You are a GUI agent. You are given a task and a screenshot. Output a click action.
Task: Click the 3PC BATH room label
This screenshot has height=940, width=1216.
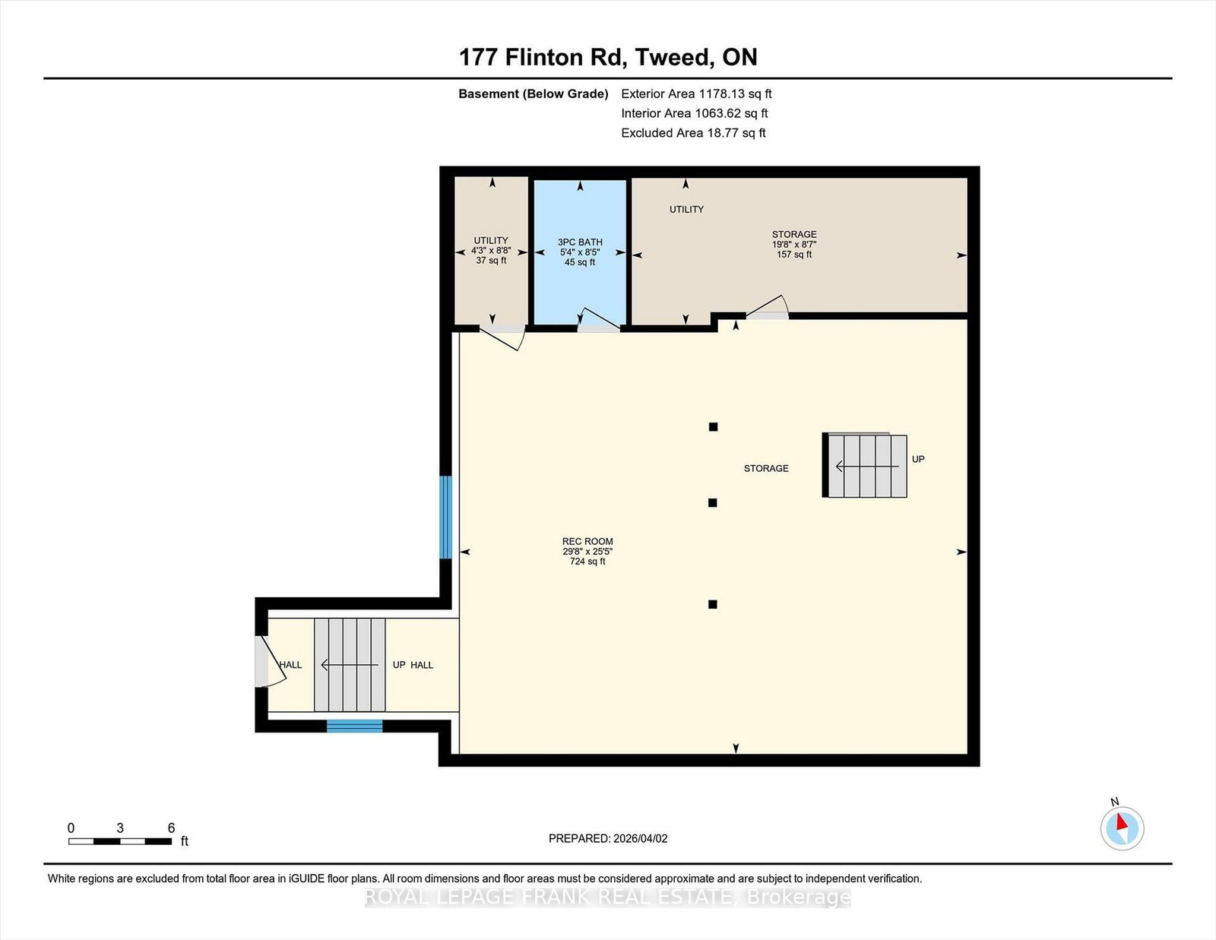point(580,242)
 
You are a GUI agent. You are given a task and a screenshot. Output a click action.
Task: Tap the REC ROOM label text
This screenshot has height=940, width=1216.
point(587,541)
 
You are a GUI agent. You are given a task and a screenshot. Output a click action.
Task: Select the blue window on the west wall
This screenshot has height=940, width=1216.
point(445,517)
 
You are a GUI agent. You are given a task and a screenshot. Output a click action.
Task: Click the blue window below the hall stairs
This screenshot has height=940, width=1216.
point(354,726)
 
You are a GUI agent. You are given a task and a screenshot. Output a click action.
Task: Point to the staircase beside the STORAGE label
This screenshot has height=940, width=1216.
point(865,466)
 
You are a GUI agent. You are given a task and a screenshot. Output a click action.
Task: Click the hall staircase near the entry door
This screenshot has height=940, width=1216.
point(350,665)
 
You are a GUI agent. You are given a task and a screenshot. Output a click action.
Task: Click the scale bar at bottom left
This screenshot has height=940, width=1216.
point(120,841)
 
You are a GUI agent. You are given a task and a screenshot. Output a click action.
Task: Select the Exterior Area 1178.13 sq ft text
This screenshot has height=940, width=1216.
point(696,94)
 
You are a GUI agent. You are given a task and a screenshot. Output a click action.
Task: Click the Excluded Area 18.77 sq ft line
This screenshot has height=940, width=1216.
point(693,133)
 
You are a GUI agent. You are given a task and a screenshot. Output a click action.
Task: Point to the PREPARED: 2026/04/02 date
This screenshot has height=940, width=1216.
point(608,838)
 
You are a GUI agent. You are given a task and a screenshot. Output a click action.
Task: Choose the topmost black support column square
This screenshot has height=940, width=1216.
point(713,427)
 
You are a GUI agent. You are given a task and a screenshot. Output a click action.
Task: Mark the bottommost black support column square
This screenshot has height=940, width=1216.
point(712,604)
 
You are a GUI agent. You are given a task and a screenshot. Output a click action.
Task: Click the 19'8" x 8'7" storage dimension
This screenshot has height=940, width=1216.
point(794,245)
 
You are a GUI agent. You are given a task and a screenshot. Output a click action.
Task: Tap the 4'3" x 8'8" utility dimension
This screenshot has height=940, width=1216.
point(491,251)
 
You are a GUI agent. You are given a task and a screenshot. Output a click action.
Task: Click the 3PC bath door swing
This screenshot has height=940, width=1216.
point(599,318)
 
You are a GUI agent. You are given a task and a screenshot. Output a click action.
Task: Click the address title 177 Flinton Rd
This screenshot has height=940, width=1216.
point(538,58)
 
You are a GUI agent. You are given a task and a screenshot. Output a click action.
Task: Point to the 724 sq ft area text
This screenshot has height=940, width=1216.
point(587,562)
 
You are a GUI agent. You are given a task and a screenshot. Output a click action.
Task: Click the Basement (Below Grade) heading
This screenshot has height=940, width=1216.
point(534,94)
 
